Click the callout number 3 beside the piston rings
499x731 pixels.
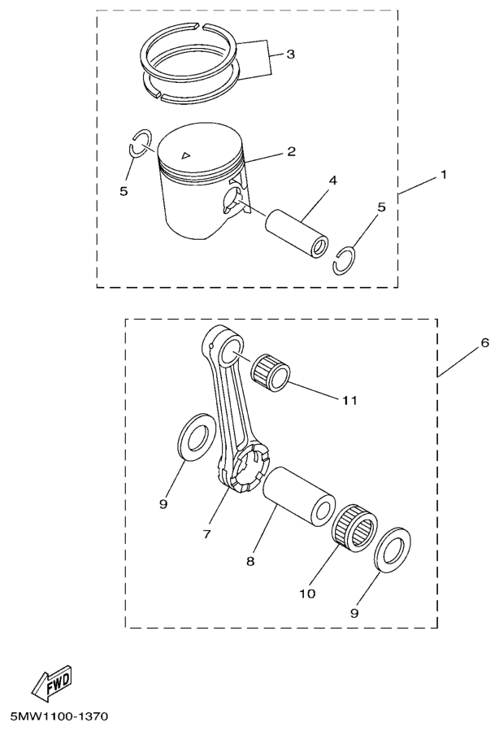click(290, 54)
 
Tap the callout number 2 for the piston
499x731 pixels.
click(291, 151)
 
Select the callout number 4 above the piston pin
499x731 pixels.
click(332, 181)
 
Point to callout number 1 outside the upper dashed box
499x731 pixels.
click(444, 175)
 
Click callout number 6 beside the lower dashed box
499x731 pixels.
click(485, 343)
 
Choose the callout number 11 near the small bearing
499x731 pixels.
click(350, 400)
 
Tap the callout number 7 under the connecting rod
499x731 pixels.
click(207, 534)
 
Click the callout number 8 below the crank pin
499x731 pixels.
click(250, 561)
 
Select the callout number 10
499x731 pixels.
click(307, 594)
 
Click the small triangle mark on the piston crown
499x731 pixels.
click(186, 154)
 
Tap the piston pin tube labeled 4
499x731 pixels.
click(297, 233)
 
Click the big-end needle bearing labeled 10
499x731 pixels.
click(356, 529)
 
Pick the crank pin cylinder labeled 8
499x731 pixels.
click(298, 497)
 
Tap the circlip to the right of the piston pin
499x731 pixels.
click(345, 260)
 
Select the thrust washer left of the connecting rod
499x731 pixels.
click(193, 437)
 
